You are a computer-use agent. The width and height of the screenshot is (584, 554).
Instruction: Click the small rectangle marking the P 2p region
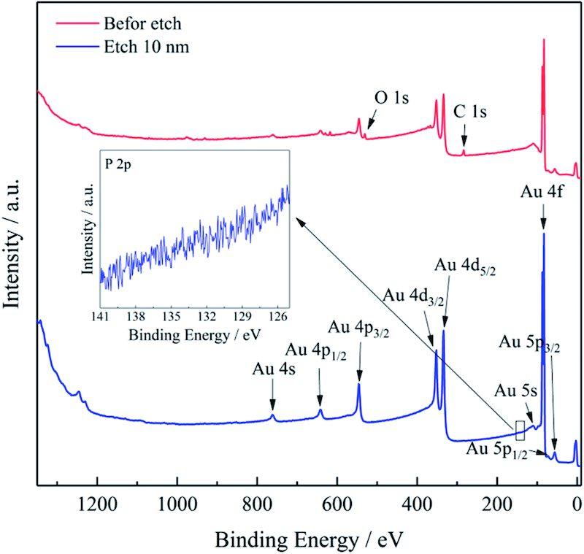pos(520,431)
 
